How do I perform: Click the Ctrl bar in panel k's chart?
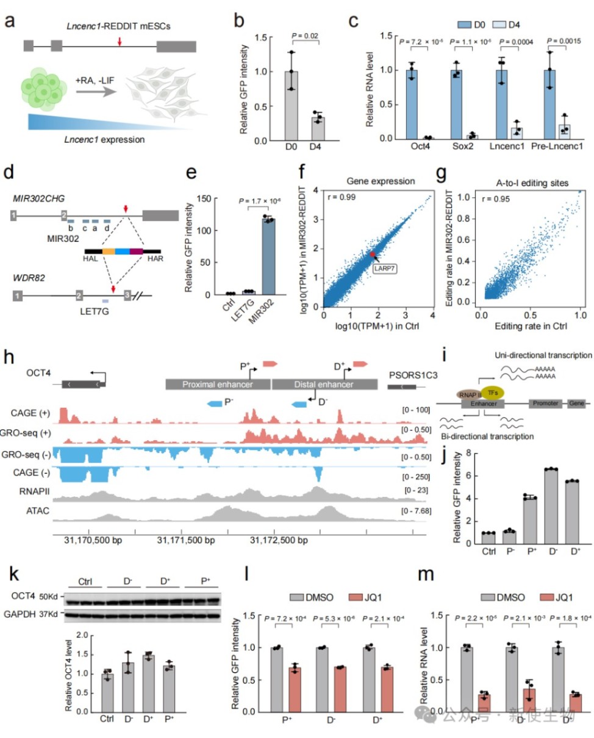click(107, 690)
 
